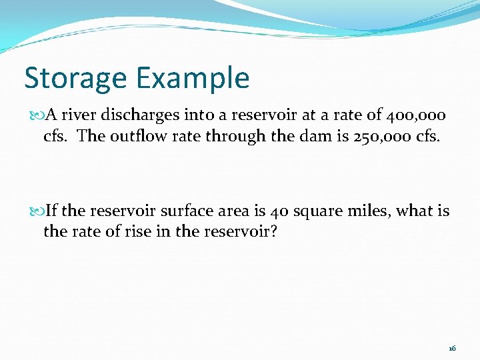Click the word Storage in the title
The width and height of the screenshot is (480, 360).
click(x=75, y=78)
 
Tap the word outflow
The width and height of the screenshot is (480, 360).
click(x=133, y=137)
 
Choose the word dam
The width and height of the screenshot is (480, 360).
click(x=297, y=137)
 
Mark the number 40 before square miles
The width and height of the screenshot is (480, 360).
click(x=279, y=211)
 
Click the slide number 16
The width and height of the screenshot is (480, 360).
click(x=452, y=348)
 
